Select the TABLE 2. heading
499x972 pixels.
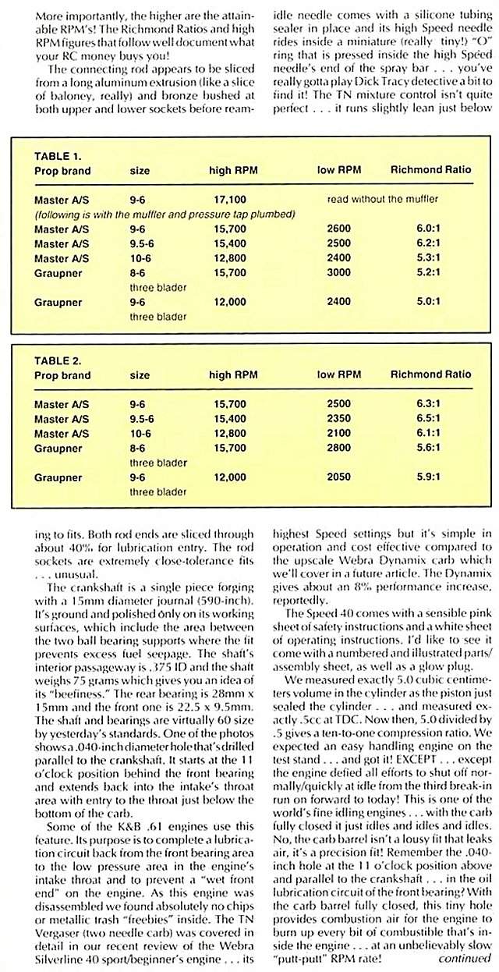tap(57, 360)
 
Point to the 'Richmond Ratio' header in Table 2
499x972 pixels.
tap(430, 374)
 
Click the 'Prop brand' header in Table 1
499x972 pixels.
tap(62, 171)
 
